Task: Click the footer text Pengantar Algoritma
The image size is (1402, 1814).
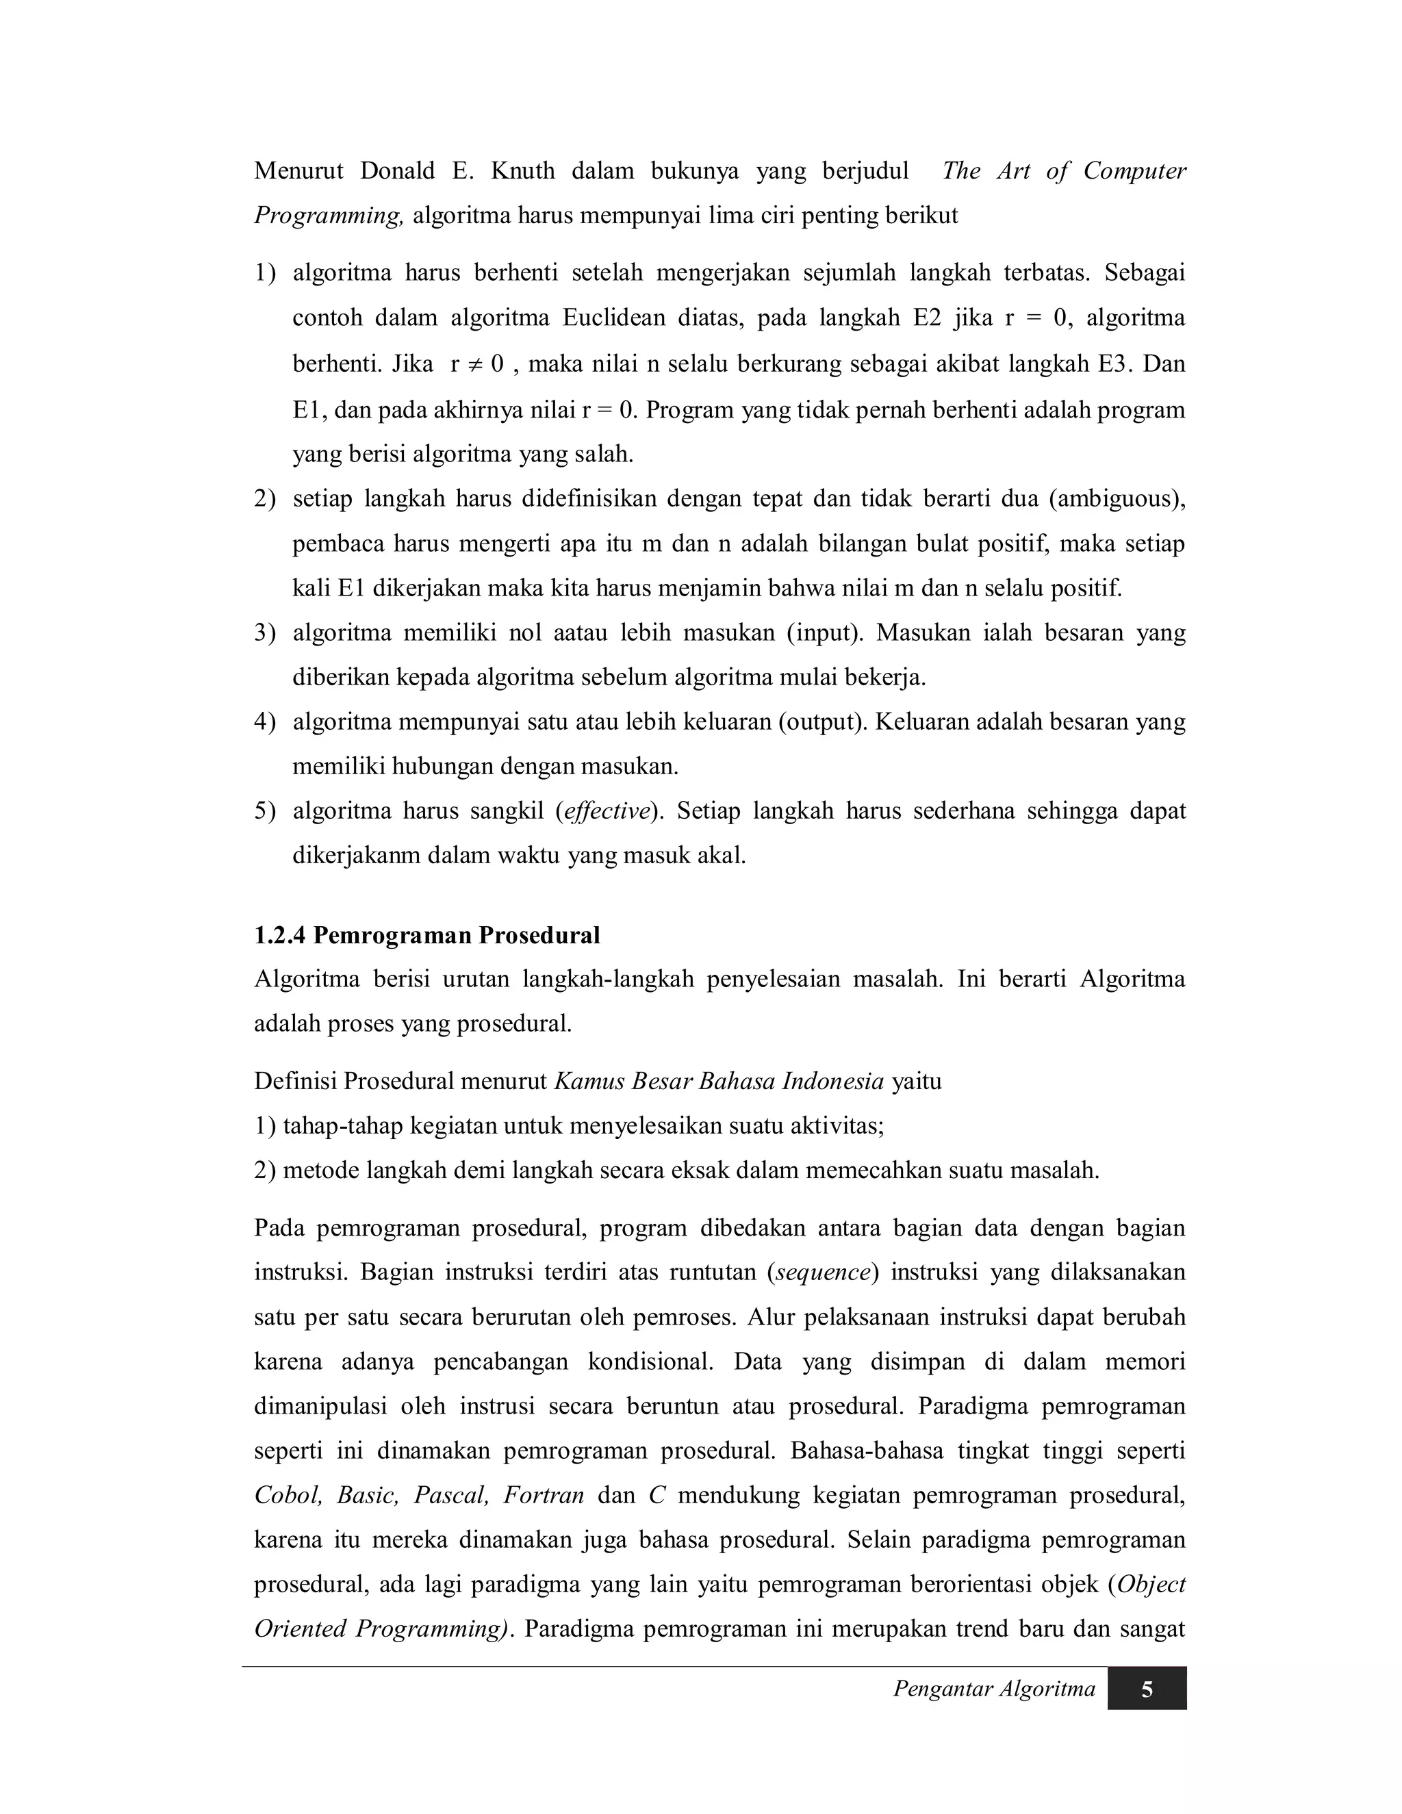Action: (993, 1689)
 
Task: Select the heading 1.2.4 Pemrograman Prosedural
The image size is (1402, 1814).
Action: (427, 935)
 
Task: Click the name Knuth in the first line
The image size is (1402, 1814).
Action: (522, 171)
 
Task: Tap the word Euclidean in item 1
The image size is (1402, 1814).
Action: (609, 318)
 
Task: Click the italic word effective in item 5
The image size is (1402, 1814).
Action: (605, 810)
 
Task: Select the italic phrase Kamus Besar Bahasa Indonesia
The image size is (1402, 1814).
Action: (718, 1082)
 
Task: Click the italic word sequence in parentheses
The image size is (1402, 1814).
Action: (822, 1273)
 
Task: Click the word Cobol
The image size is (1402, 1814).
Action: (288, 1496)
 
